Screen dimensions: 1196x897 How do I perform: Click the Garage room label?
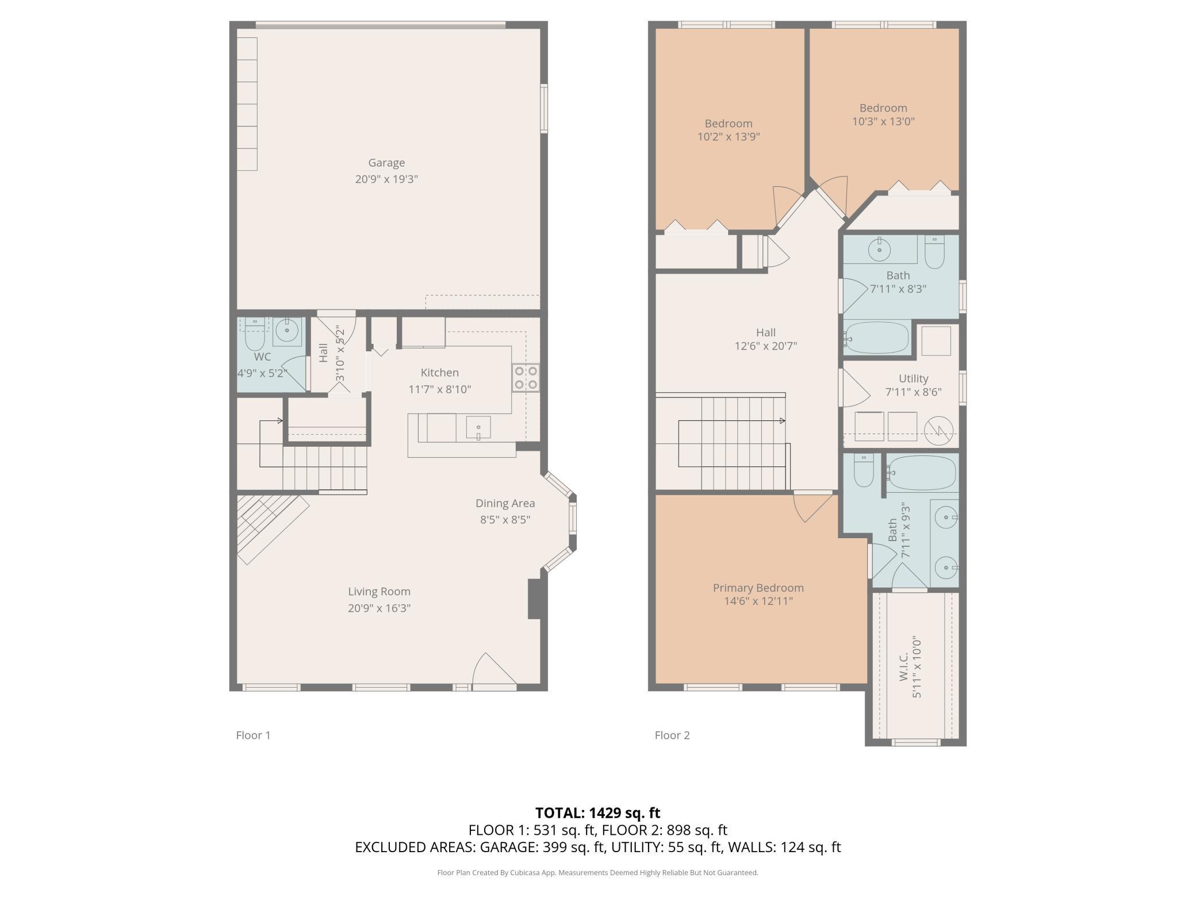pos(386,163)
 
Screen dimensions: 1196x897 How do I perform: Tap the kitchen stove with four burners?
pos(526,378)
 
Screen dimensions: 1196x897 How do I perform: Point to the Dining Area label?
pos(505,504)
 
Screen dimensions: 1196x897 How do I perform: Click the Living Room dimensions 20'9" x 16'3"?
pos(379,608)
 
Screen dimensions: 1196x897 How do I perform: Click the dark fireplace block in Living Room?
pos(534,599)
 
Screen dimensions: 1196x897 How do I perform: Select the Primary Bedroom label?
pos(758,588)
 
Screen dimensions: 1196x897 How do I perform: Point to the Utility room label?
pos(913,379)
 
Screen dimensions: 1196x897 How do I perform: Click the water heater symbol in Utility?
pos(938,430)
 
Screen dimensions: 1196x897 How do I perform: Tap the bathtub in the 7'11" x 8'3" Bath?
pos(876,338)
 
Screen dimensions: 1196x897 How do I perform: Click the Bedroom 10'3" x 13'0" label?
pos(883,108)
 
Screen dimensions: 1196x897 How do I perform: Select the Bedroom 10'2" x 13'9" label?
pos(729,124)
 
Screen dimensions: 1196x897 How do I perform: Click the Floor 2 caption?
pos(672,735)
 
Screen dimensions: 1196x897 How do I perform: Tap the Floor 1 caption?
pos(253,735)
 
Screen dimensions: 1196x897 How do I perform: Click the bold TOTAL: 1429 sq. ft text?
pos(598,813)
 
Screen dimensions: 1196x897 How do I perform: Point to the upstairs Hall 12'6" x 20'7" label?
pos(766,333)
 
